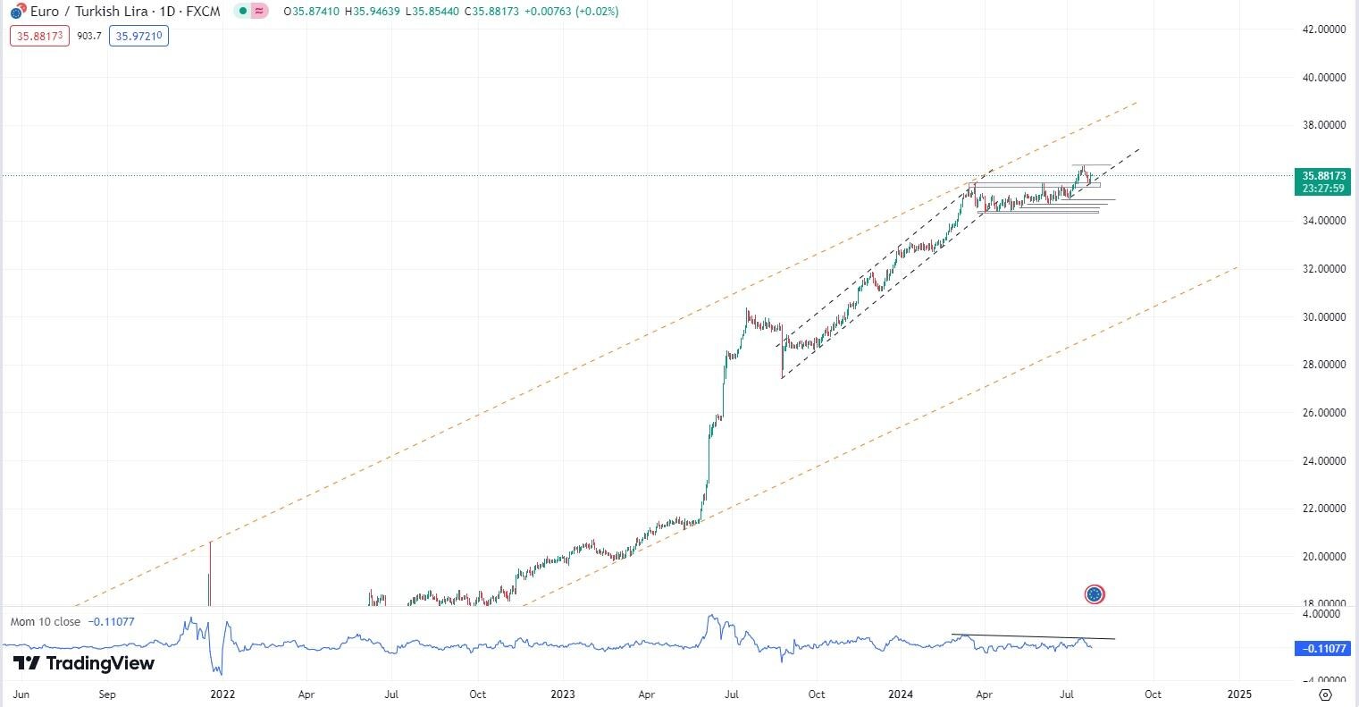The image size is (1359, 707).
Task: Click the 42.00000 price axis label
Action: (x=1323, y=29)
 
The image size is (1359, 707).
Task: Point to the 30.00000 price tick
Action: (x=1323, y=316)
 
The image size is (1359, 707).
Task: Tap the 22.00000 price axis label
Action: (x=1323, y=509)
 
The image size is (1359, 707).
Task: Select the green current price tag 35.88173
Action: (x=1322, y=176)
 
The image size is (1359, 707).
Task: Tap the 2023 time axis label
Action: (x=562, y=694)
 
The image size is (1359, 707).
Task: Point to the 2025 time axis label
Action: (x=1238, y=694)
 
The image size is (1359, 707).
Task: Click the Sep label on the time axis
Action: (x=107, y=694)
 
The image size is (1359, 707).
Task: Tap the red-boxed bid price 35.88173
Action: (x=39, y=37)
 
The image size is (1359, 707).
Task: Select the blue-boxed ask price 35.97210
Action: (x=138, y=37)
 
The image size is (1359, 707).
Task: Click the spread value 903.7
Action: (x=89, y=37)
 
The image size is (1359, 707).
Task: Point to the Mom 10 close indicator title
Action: (x=45, y=621)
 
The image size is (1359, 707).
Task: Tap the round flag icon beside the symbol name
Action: (x=16, y=13)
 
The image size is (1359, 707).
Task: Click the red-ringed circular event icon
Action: (x=1095, y=594)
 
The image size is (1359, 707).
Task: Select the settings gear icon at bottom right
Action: (x=1326, y=694)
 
